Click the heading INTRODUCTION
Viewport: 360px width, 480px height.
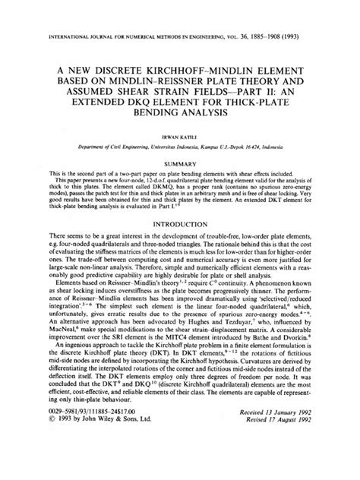pyautogui.click(x=180, y=245)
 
